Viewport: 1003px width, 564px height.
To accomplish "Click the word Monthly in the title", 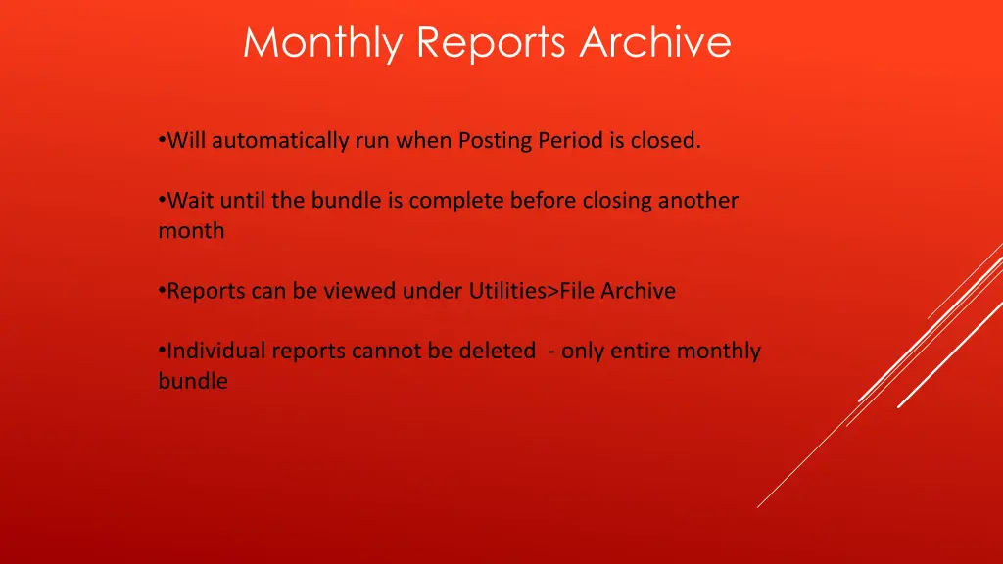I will (324, 43).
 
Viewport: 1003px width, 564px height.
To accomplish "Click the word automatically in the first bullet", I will (280, 141).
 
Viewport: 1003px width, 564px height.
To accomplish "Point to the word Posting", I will (494, 141).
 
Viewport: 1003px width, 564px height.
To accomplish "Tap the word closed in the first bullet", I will (665, 141).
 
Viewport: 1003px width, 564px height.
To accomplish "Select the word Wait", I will (191, 201).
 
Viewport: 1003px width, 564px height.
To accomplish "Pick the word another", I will (697, 201).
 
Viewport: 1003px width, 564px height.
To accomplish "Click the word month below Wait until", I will (191, 231).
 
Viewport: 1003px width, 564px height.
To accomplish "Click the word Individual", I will (216, 351).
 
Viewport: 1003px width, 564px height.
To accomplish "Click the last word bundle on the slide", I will (193, 381).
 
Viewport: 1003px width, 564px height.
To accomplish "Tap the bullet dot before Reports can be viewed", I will (162, 291).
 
